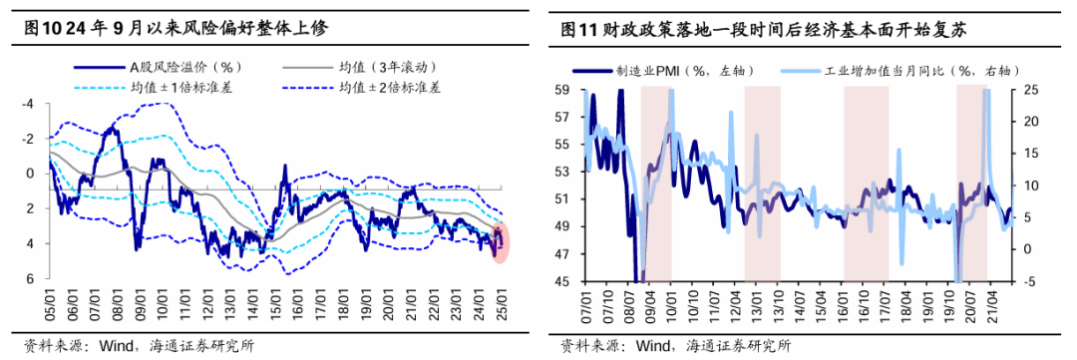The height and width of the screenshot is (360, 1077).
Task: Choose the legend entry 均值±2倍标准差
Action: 393,87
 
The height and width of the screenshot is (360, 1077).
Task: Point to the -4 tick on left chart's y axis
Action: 29,104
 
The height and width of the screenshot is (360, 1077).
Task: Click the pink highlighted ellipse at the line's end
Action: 501,241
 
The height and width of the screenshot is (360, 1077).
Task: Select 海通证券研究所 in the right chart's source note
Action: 738,345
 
